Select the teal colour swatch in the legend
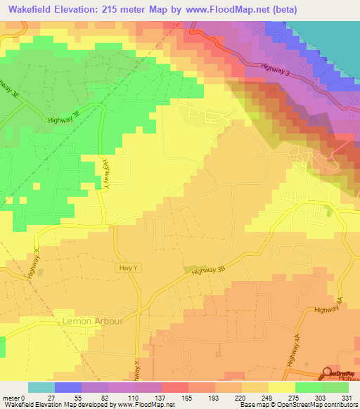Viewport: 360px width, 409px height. click(41, 387)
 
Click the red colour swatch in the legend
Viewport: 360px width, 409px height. click(174, 387)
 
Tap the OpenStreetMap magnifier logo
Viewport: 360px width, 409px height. click(328, 373)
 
